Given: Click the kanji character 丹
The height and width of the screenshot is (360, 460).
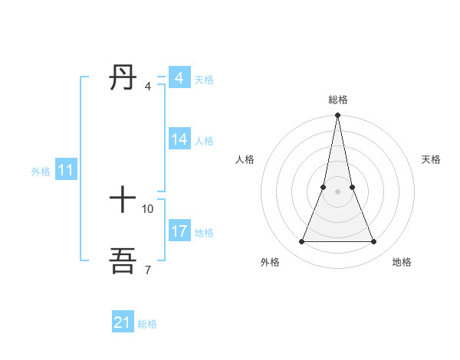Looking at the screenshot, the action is (x=123, y=77).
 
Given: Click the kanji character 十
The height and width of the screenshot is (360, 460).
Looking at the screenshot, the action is (x=123, y=201).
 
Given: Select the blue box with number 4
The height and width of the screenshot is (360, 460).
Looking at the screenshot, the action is (x=179, y=78).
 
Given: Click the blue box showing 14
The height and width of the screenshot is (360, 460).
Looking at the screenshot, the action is (x=179, y=139).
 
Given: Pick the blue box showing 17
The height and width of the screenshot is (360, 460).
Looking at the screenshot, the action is (x=179, y=231).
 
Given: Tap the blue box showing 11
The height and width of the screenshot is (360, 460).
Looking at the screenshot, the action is (x=66, y=171).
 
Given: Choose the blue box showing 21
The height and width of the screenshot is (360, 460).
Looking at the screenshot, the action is (x=123, y=322).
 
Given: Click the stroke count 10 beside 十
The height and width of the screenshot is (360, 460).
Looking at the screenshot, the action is (x=148, y=208).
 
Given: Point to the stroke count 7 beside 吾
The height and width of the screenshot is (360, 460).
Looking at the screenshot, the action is (x=147, y=270).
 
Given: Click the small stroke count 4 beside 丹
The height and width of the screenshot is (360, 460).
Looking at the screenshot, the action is (x=147, y=86).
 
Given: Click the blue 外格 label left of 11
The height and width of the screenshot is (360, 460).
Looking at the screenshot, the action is (x=41, y=172).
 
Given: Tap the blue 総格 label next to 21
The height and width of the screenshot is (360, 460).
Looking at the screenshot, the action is (x=147, y=324).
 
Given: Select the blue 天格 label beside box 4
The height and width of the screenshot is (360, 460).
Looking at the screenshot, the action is (x=204, y=80).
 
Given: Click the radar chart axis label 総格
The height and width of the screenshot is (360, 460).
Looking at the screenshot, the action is (x=337, y=100).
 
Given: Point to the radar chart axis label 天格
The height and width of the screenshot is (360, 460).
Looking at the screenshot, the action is (x=431, y=159).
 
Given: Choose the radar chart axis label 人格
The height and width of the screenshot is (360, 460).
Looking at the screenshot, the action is (x=245, y=159).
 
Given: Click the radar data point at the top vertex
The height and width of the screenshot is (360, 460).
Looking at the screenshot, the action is (x=337, y=116).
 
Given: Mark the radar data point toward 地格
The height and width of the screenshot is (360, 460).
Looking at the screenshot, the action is (x=374, y=242).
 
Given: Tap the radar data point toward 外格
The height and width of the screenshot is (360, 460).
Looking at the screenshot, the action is (x=301, y=242).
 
